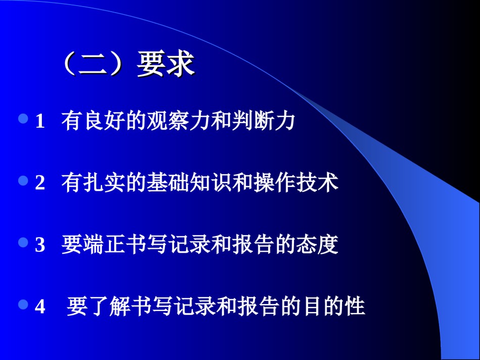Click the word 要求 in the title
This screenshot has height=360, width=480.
tap(166, 64)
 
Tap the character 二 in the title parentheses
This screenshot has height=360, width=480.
tap(92, 64)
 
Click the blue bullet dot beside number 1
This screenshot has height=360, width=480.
tap(23, 118)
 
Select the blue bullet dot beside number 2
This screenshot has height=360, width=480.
tap(23, 180)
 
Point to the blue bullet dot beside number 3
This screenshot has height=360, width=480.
tap(23, 242)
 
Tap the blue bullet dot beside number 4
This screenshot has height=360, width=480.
tap(23, 304)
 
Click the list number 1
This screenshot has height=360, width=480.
tap(40, 121)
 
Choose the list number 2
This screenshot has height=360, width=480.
tap(40, 183)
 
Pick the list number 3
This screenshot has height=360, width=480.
tap(40, 245)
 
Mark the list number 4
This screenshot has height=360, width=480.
tap(40, 306)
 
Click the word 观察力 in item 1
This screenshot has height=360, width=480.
tap(178, 121)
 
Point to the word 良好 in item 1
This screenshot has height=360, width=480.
tap(104, 121)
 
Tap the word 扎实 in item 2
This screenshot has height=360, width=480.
tap(104, 183)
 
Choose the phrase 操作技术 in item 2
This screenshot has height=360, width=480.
tap(296, 183)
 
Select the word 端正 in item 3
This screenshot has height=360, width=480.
tap(104, 244)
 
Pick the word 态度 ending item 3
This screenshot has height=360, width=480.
tap(317, 244)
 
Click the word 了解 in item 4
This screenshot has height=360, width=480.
tap(109, 306)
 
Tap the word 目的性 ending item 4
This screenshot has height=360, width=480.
tap(333, 306)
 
